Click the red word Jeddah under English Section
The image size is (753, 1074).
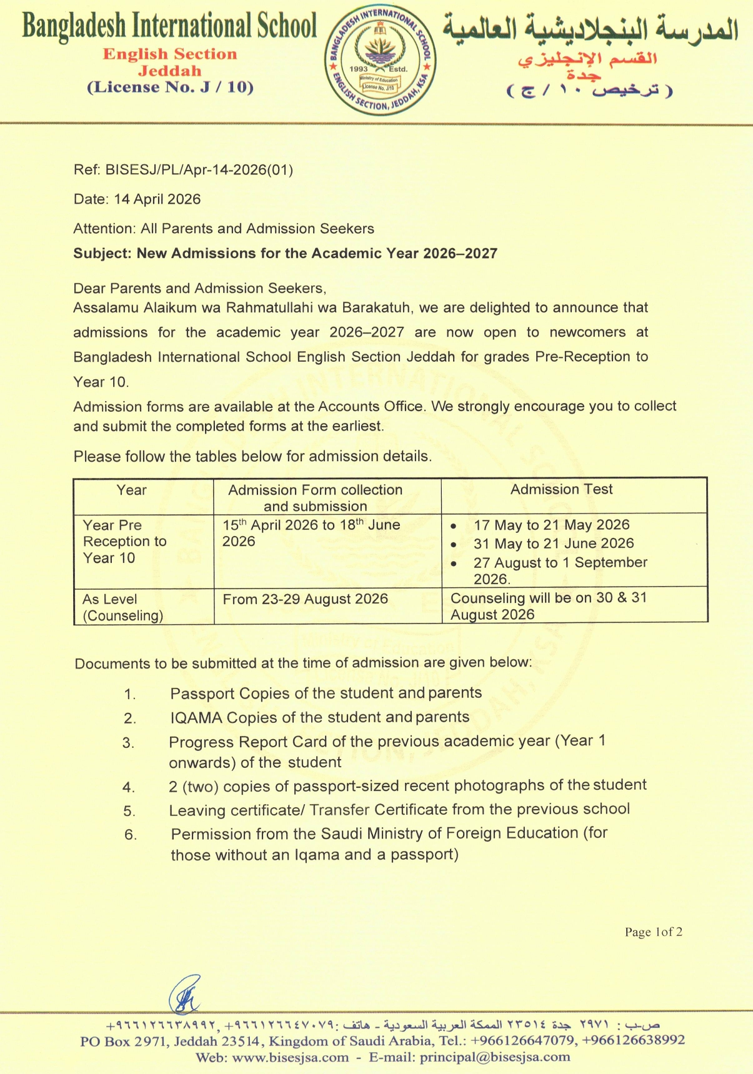170,71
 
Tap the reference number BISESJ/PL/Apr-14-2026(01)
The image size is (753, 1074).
199,170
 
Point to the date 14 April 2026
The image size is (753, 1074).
157,199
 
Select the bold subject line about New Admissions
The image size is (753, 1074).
285,254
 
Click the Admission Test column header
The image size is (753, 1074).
561,490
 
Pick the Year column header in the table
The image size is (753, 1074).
131,490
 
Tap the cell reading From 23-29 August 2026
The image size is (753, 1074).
305,599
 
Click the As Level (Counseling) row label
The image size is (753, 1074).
122,607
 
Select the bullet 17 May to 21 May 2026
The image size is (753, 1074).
551,525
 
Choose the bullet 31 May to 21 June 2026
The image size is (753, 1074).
553,544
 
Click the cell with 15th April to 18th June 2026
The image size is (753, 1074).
311,533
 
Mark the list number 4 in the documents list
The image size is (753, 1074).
129,787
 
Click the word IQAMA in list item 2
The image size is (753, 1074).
196,718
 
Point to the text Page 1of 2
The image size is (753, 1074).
653,932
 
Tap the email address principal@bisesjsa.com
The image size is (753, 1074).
495,1057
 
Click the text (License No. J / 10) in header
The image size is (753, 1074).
170,87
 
